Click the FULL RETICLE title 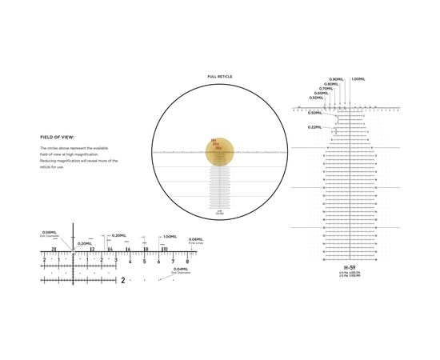click(219, 76)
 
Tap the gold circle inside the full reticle click(218, 155)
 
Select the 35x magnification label click(218, 149)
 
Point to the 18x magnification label click(214, 141)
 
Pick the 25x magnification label click(215, 145)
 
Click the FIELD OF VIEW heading click(57, 137)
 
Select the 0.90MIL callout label click(335, 79)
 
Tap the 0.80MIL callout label click(330, 84)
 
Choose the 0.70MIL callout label click(326, 89)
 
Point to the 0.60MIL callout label click(321, 93)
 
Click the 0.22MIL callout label click(314, 127)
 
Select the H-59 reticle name click(350, 267)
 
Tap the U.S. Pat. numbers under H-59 click(350, 274)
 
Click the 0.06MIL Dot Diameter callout click(50, 234)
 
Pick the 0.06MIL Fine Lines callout click(196, 241)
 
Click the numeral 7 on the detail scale click(173, 262)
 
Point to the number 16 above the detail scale click(127, 250)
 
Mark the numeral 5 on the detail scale click(144, 262)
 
